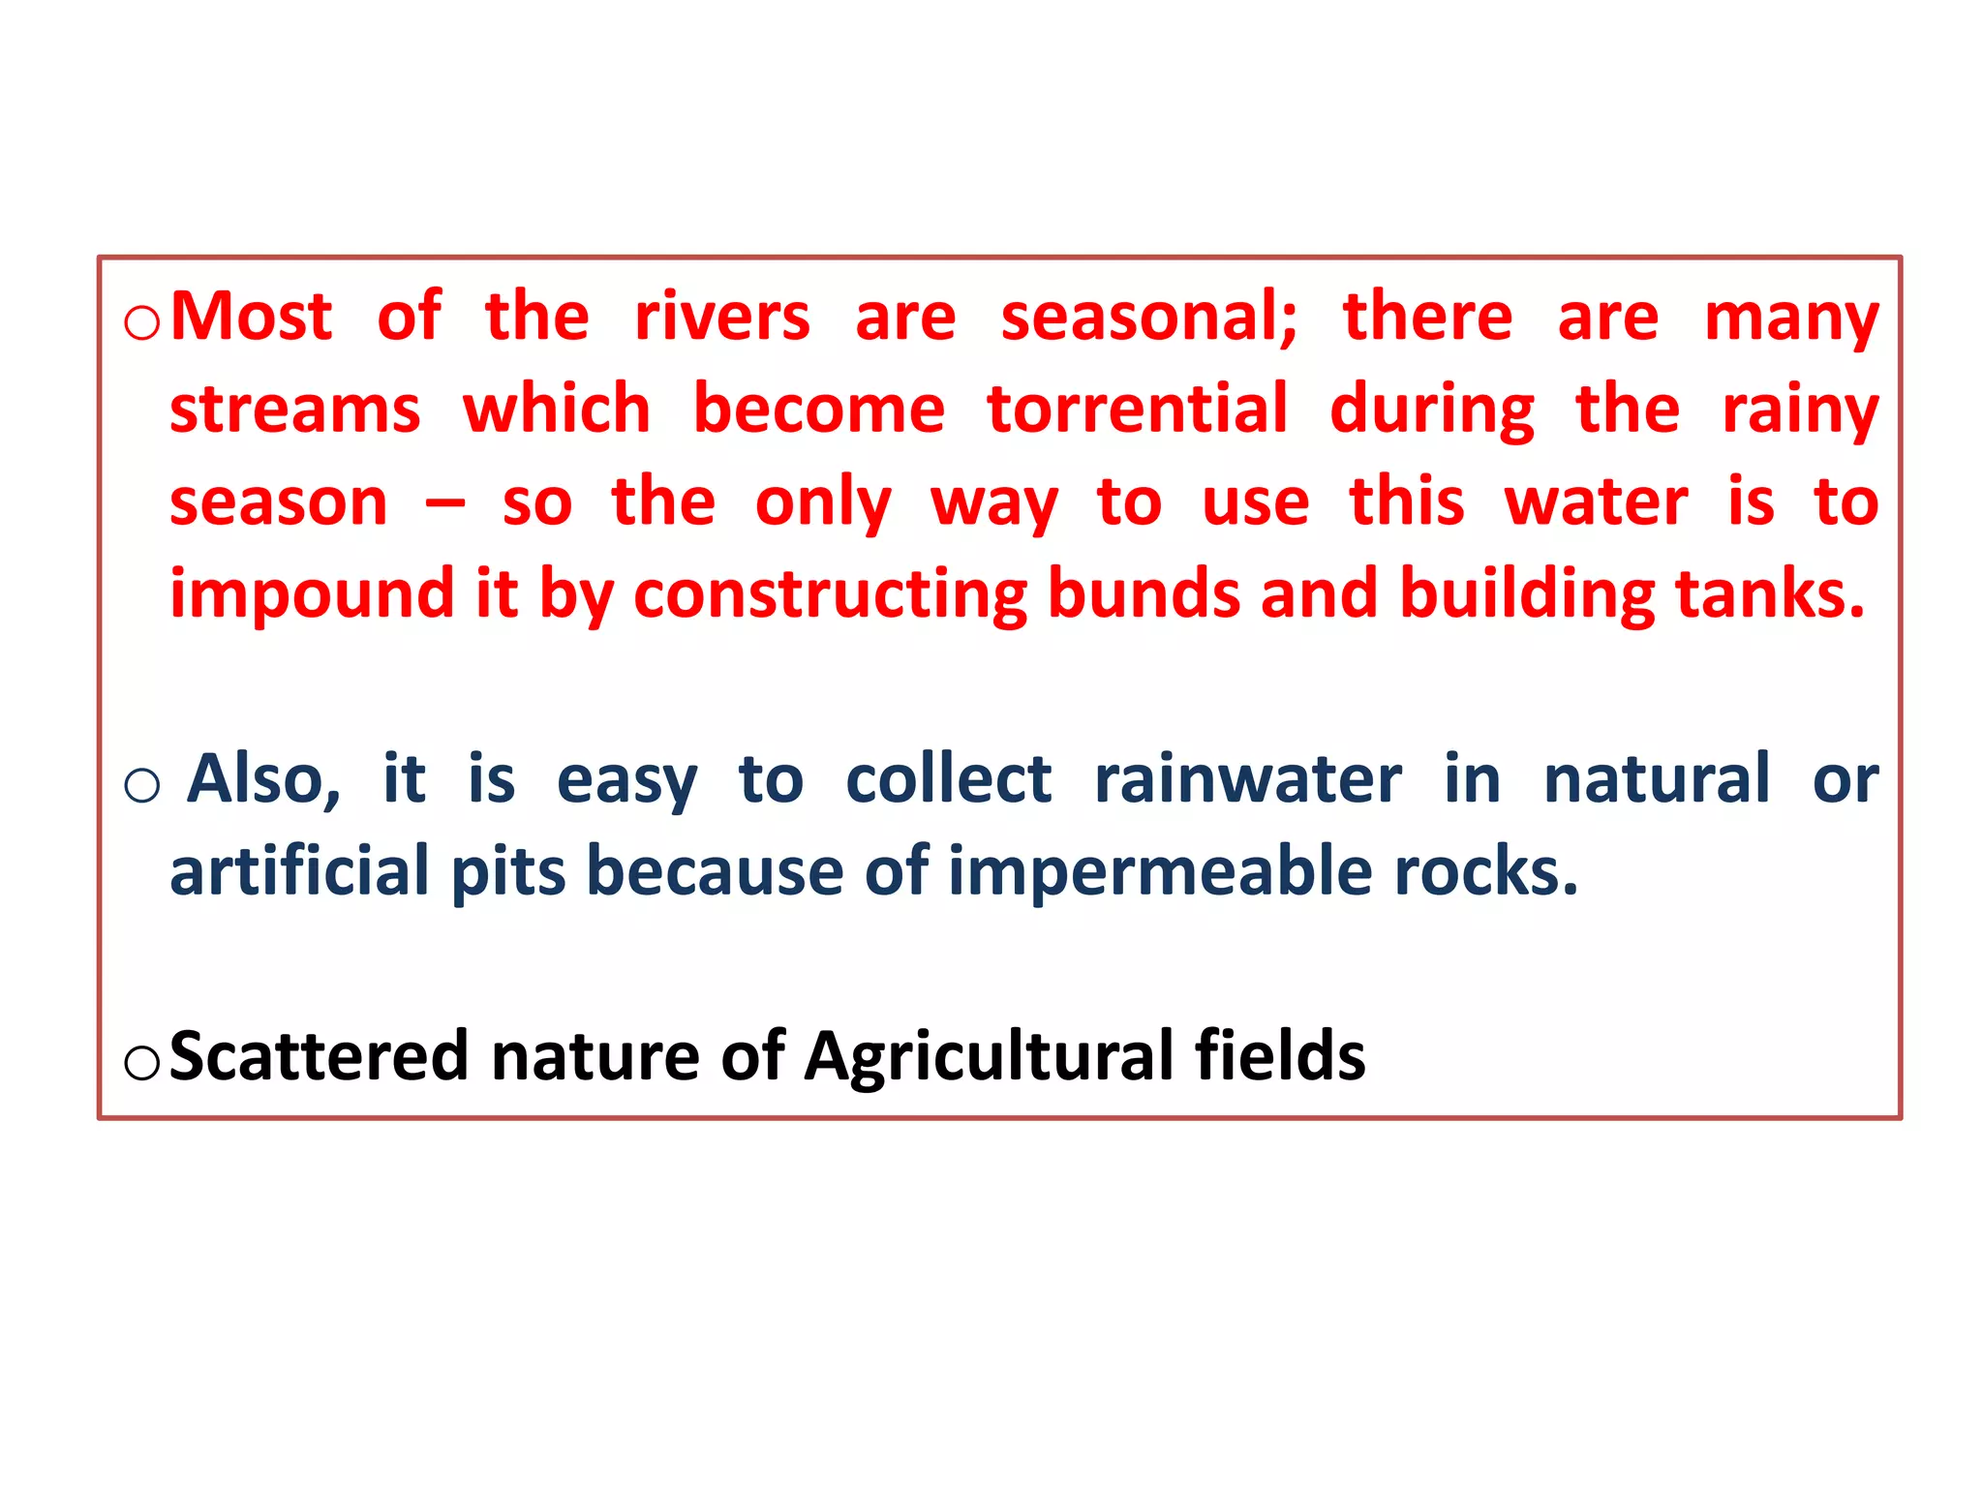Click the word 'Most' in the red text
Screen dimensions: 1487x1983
pos(251,317)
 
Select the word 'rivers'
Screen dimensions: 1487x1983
pos(721,317)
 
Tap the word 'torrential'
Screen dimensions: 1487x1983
pos(1137,409)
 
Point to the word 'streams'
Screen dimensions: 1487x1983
pos(295,409)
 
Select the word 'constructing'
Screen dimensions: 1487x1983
pos(830,594)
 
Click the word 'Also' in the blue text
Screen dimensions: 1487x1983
pos(262,779)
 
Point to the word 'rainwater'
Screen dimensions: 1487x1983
pos(1247,779)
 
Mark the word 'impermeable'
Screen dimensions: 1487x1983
pos(1160,871)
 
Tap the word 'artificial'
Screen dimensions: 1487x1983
pos(299,871)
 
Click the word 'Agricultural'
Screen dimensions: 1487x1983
pos(989,1057)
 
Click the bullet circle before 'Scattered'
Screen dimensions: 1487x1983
pos(141,1063)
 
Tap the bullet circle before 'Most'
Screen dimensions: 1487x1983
pos(142,322)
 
